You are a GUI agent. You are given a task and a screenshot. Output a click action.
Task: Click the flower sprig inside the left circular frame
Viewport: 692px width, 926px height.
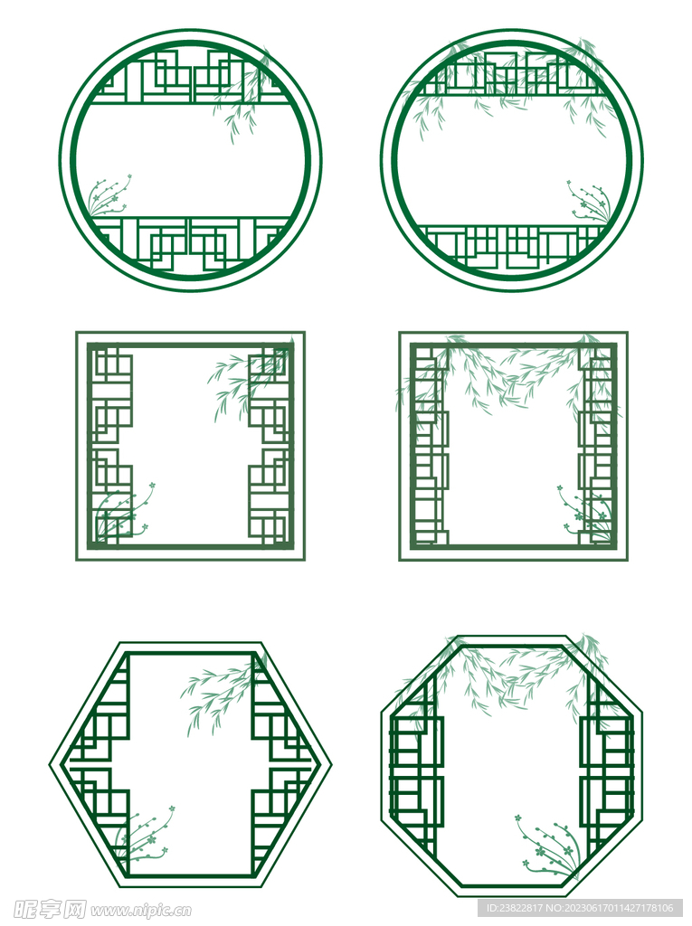109,196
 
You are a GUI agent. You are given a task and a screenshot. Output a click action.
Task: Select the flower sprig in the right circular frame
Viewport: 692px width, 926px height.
590,202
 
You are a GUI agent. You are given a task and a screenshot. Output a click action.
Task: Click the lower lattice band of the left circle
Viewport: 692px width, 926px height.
190,243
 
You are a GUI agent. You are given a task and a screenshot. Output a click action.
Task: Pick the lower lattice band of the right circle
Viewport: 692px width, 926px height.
512,246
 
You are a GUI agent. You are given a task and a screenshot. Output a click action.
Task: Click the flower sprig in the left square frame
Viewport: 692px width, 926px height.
123,511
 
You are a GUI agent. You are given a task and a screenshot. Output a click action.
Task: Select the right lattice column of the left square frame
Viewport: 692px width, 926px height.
270,446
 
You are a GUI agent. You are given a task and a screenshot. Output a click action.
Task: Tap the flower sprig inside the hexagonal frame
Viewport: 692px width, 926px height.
145,834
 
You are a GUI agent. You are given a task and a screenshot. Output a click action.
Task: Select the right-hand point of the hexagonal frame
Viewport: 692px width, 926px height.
331,765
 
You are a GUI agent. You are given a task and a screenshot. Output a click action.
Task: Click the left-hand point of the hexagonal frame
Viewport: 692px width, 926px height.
50,765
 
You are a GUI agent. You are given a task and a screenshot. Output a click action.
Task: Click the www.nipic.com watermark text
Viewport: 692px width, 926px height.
141,910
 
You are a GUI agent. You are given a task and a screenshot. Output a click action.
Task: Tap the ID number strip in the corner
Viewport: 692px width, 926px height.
579,907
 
